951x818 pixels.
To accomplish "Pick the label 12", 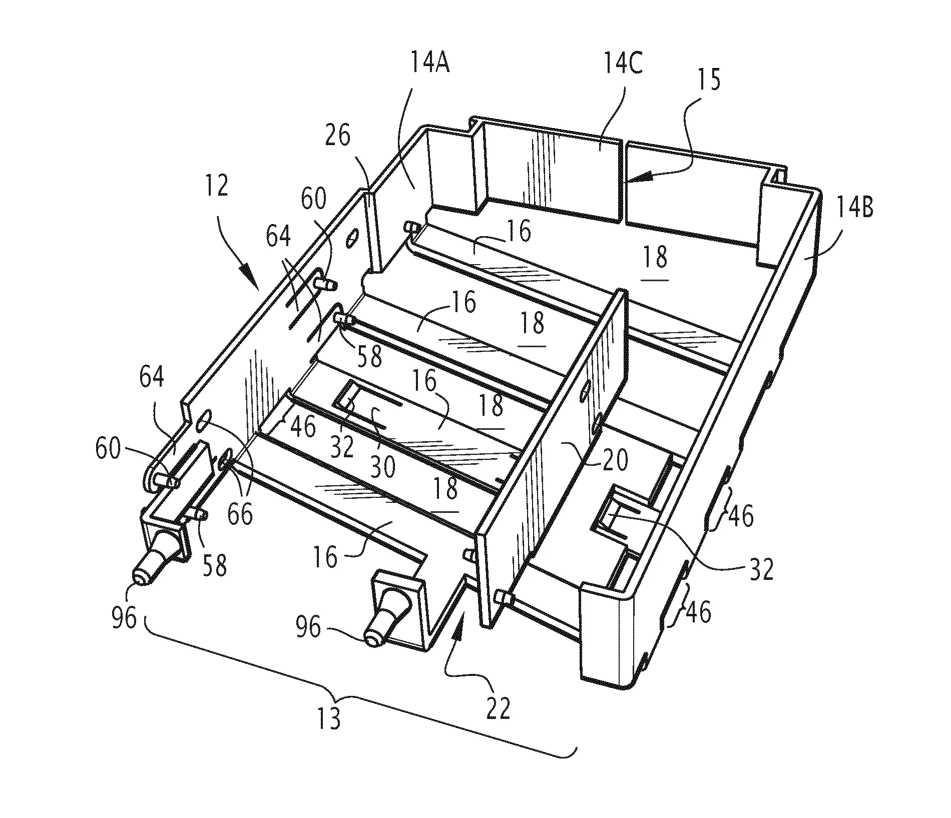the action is tap(216, 186).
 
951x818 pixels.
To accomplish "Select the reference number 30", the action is tap(382, 468).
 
